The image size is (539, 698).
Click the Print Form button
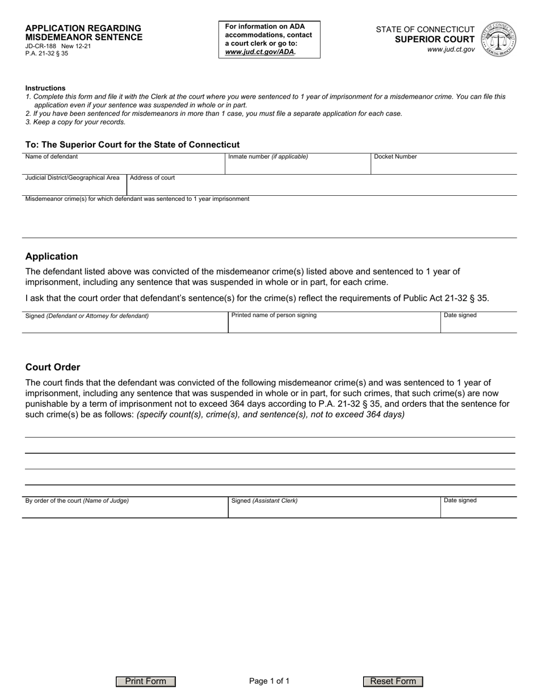pos(146,682)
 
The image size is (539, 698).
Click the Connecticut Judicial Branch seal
pos(498,39)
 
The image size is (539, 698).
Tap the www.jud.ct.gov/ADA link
pos(260,52)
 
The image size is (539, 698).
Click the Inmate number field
pos(298,166)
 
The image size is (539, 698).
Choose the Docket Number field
pos(444,166)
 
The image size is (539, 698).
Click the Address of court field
pos(321,187)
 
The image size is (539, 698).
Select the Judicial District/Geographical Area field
pos(74,187)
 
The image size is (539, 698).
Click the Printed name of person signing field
pos(334,324)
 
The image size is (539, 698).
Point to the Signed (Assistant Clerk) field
pos(334,510)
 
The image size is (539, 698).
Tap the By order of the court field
pos(125,510)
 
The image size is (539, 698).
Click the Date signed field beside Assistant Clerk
pos(478,510)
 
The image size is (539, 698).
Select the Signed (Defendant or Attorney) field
pos(125,324)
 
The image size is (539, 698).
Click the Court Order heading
pos(53,367)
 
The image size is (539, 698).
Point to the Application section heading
pos(52,257)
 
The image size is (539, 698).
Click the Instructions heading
pos(45,88)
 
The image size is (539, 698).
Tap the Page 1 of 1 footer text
pos(269,682)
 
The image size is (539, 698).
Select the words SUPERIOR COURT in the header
pos(435,39)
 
